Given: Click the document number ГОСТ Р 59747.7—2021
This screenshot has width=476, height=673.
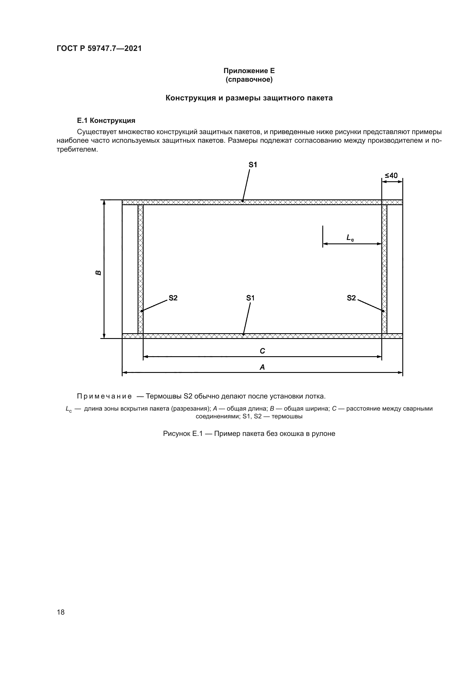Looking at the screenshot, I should tap(99, 48).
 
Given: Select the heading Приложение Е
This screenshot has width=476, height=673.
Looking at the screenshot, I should tap(249, 71).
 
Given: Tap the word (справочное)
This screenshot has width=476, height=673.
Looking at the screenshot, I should tap(249, 79).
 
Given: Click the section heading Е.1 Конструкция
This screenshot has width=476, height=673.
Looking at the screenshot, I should tap(106, 121).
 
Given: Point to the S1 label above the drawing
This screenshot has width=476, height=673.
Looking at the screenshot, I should tap(253, 165).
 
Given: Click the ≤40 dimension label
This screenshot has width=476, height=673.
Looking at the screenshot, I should tap(391, 176).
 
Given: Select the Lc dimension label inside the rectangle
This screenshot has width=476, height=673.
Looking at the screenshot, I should tap(350, 238).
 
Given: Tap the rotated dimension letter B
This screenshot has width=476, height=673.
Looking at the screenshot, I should tap(98, 273).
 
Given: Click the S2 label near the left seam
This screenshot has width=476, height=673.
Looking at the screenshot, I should tap(173, 298).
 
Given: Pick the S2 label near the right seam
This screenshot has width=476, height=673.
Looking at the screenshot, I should tap(351, 298).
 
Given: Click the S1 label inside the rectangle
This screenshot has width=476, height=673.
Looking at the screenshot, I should tap(250, 298).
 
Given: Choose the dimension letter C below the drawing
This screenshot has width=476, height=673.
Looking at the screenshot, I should tap(262, 351).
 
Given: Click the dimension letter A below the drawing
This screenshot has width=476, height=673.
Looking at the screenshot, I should tap(262, 367).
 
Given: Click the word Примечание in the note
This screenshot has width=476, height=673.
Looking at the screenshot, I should tap(104, 396).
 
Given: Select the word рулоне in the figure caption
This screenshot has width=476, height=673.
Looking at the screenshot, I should tap(323, 434).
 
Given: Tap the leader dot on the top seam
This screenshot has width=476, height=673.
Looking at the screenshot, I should tap(243, 201).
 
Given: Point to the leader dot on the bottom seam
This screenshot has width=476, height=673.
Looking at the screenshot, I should tap(243, 334).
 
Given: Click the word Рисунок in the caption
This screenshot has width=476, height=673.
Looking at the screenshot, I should tap(176, 434).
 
